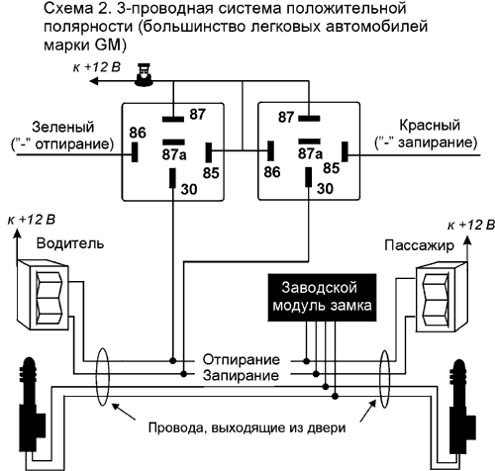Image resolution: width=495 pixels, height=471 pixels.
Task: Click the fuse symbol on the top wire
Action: [x=144, y=75]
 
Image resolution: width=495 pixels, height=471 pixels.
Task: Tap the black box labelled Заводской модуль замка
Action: [x=322, y=297]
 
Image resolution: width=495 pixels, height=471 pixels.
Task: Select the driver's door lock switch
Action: [x=44, y=295]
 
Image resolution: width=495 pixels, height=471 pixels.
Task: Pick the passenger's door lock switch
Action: [x=442, y=297]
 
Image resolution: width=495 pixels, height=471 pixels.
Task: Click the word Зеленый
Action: [x=63, y=127]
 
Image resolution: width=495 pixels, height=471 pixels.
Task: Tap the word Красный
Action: [x=430, y=126]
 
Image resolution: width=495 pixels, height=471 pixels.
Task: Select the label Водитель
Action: [x=70, y=243]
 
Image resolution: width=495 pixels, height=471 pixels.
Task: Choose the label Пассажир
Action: [x=419, y=245]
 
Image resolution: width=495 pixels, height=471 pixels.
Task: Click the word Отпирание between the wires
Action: [x=241, y=359]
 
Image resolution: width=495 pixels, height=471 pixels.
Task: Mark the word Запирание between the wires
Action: [x=241, y=375]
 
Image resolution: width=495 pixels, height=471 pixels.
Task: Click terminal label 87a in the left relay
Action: [x=174, y=154]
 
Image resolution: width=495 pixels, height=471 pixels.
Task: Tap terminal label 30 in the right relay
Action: [x=325, y=189]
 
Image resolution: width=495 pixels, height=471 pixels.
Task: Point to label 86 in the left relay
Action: [x=138, y=133]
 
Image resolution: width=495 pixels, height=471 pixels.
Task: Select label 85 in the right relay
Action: [x=332, y=168]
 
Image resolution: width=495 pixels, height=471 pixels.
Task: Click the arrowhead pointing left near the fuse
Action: [x=94, y=81]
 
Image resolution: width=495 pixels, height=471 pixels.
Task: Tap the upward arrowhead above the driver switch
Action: [x=18, y=234]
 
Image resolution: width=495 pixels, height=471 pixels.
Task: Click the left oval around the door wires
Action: [x=102, y=377]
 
